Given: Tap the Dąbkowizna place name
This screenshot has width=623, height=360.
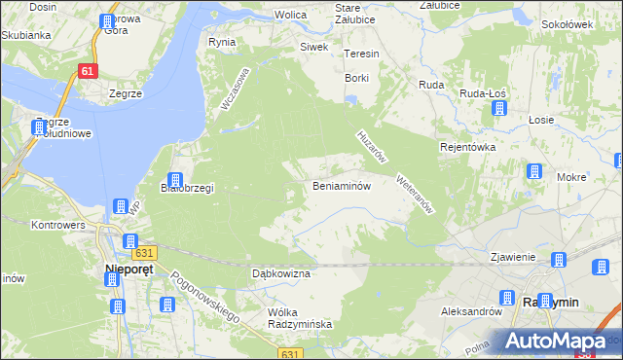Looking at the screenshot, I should (280, 274).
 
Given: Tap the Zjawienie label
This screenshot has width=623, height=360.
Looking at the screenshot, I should (512, 258).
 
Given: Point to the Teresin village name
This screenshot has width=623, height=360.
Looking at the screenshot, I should (360, 54).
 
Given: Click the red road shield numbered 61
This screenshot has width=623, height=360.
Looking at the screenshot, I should (88, 71).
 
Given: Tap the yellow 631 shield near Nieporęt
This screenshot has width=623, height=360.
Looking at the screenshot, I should (144, 253).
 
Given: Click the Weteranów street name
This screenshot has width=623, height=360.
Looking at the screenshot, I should (414, 195).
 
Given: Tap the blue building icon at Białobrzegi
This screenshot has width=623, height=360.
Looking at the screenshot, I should (175, 179).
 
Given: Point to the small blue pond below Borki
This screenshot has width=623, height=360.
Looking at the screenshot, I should (351, 97).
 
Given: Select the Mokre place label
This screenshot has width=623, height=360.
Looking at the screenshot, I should (571, 178).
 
